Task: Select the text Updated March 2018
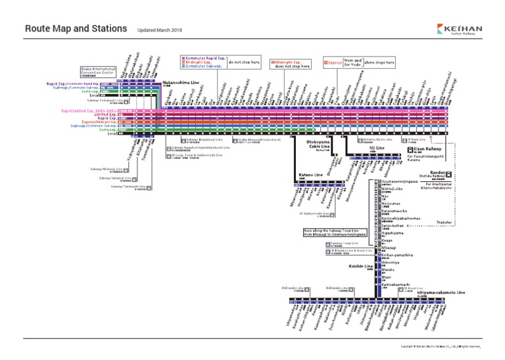click(160, 30)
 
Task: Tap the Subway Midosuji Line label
click(109, 169)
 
